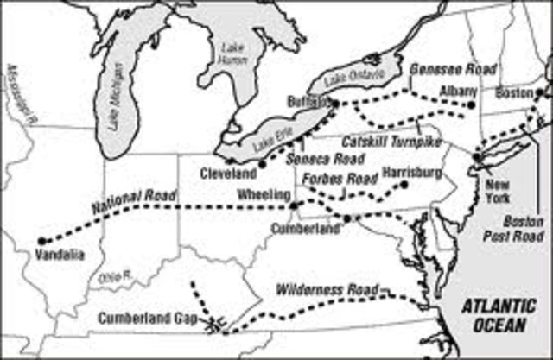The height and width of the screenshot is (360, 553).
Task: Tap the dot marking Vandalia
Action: click(41, 241)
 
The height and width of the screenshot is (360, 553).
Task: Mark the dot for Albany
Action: click(471, 104)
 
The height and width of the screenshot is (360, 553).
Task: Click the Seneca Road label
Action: click(335, 157)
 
